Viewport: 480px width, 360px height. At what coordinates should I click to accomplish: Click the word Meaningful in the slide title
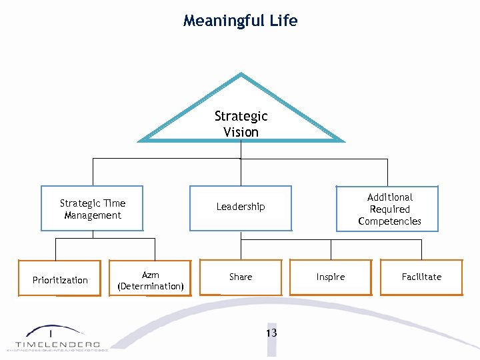tap(224, 21)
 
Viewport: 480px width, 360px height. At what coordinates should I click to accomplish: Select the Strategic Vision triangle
tap(241, 113)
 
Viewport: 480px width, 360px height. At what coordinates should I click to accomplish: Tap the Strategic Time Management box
tap(92, 209)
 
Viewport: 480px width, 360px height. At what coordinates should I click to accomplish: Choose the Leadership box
tap(241, 207)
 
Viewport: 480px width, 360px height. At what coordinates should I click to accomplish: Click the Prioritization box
tap(60, 279)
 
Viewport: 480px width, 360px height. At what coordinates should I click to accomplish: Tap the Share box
tap(241, 277)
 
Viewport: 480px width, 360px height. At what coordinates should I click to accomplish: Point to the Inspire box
tap(331, 277)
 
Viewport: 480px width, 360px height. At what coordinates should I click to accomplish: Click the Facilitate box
tap(421, 277)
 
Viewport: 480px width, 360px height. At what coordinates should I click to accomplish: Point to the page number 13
tap(271, 333)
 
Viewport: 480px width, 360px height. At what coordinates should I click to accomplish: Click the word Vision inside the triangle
tap(241, 132)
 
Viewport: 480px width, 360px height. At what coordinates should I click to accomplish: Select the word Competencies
tap(389, 221)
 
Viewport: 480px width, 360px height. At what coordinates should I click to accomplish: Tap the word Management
tap(93, 215)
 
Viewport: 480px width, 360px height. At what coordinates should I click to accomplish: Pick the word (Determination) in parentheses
tap(151, 286)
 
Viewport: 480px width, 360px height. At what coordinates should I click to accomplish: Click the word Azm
tap(151, 275)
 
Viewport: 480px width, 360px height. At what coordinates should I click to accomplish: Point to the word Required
tap(390, 209)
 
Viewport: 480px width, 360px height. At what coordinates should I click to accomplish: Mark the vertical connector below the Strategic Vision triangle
tap(241, 150)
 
